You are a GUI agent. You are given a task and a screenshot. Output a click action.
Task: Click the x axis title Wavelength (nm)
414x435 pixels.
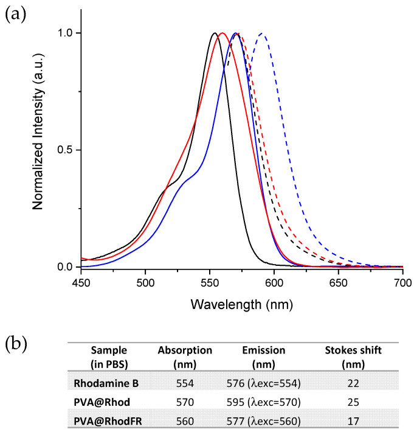pos(242,303)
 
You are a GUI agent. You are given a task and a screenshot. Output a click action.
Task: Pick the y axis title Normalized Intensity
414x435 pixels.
pos(38,149)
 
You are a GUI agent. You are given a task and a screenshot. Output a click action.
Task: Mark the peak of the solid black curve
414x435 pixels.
pos(215,33)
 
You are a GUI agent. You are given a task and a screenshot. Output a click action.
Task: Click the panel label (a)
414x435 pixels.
pos(17,15)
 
